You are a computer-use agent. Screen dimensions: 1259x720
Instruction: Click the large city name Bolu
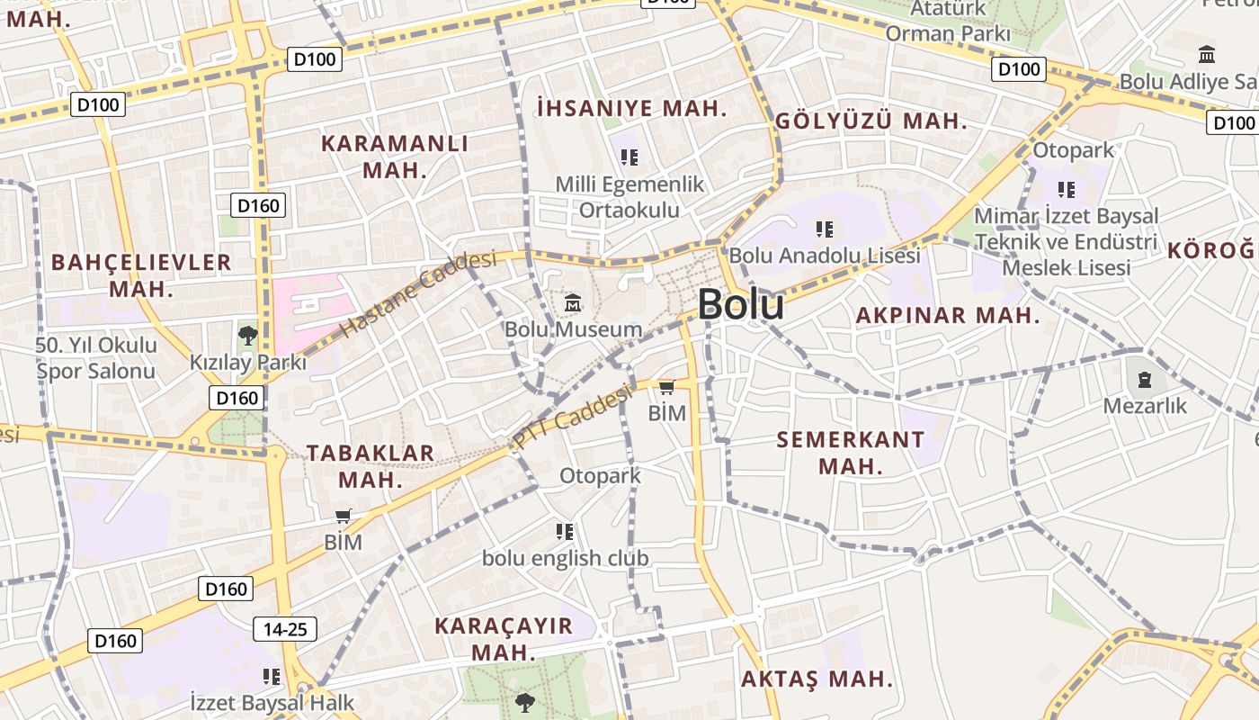tap(740, 304)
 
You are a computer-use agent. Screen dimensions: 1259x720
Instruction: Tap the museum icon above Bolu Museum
tap(573, 304)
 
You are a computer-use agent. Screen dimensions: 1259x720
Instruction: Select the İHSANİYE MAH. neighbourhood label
tap(631, 109)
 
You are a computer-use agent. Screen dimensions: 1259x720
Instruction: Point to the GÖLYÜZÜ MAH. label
tap(871, 121)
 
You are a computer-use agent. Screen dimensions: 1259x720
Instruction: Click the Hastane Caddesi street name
tap(419, 294)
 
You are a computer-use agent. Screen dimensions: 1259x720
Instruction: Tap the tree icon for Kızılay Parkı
tap(247, 337)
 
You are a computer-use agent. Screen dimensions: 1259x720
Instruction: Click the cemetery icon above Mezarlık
tap(1145, 380)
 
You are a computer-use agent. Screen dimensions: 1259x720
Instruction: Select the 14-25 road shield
tap(285, 629)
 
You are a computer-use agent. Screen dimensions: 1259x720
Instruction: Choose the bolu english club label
tap(565, 558)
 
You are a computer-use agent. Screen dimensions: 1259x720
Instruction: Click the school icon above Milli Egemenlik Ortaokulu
tap(629, 157)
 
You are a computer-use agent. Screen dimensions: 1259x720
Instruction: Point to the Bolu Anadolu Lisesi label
tap(825, 256)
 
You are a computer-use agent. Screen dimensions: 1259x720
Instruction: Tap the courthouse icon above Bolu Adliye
tap(1207, 55)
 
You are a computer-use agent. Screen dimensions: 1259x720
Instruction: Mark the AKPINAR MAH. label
tap(947, 316)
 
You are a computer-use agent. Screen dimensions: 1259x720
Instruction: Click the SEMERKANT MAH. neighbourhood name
tap(850, 453)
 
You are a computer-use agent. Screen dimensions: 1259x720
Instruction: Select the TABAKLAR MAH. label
tap(371, 466)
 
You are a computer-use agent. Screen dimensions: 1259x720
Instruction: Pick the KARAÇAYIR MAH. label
tap(504, 639)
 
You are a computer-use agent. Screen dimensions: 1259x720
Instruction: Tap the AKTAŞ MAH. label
tap(817, 679)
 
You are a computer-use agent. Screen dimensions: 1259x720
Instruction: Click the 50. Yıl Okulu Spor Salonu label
tap(96, 358)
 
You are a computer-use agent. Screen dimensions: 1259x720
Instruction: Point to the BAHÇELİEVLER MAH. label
tap(141, 275)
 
